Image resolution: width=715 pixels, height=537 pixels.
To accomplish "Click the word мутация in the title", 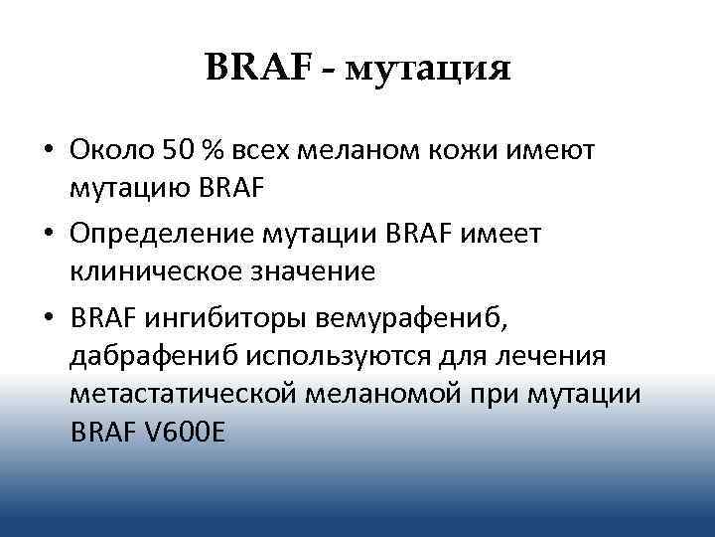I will (x=431, y=70).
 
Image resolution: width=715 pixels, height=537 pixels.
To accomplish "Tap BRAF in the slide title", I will (x=258, y=68).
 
